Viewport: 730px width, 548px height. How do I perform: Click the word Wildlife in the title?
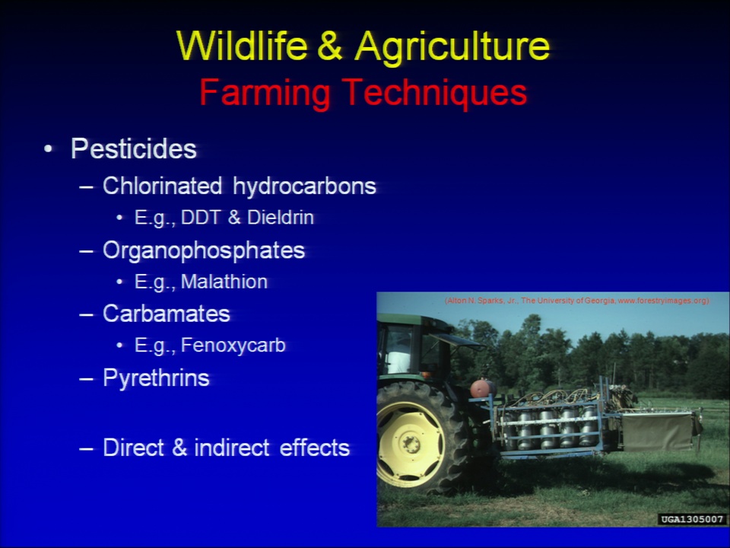click(242, 46)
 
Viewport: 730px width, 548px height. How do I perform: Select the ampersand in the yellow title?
click(330, 46)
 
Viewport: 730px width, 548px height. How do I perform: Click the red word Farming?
click(265, 94)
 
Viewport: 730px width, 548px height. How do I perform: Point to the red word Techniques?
click(435, 94)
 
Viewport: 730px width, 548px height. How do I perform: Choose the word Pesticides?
click(134, 149)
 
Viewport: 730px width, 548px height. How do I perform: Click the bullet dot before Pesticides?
click(48, 150)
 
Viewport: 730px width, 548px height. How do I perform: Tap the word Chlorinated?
click(163, 186)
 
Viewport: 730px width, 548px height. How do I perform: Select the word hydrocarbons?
click(304, 186)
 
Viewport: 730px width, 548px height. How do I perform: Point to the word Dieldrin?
click(281, 217)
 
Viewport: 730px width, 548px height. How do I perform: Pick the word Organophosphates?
click(204, 250)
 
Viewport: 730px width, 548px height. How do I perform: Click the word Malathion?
click(224, 282)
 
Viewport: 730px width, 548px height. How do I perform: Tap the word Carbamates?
click(167, 314)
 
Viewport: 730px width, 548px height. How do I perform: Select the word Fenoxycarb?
click(233, 346)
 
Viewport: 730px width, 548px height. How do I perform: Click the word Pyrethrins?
click(157, 378)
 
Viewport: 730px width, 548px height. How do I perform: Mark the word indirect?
click(232, 448)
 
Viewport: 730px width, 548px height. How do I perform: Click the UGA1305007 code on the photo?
click(692, 519)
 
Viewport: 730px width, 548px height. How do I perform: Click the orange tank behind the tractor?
click(482, 388)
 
